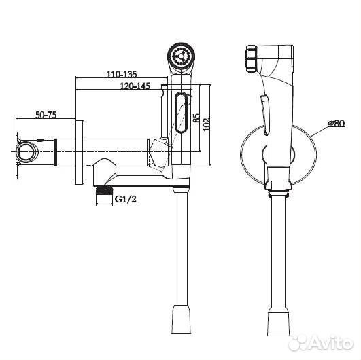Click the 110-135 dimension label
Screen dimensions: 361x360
pos(122,74)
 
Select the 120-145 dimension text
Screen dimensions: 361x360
pos(135,86)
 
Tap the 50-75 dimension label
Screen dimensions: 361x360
pos(46,115)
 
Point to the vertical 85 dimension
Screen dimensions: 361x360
pos(196,118)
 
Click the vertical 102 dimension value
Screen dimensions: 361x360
pos(207,124)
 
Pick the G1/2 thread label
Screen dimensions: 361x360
pos(126,199)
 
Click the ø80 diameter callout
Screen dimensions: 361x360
pos(337,124)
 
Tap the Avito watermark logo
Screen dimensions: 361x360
pos(321,343)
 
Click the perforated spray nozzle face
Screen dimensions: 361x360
pos(181,56)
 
